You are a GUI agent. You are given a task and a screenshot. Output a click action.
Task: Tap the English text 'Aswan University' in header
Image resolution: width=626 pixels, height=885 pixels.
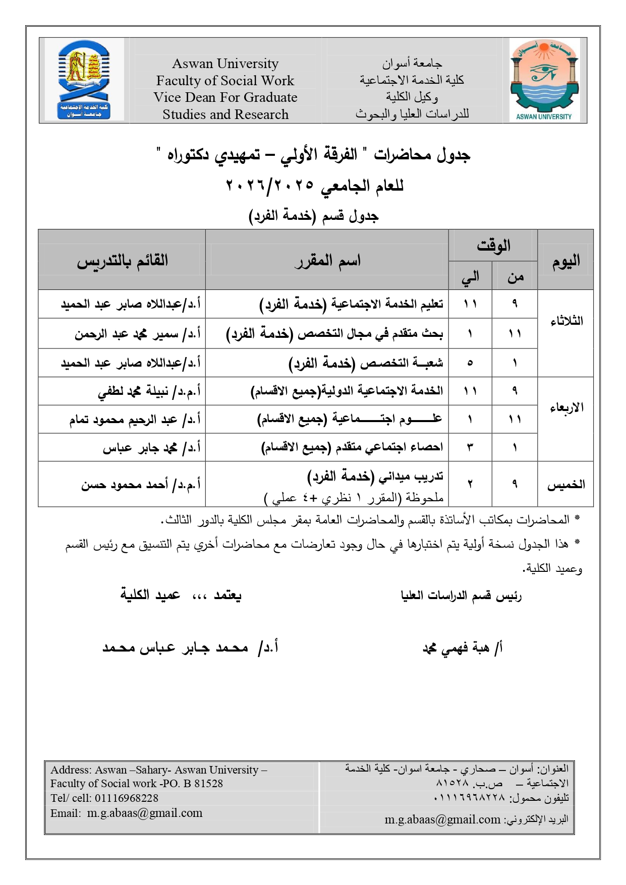pyautogui.click(x=225, y=64)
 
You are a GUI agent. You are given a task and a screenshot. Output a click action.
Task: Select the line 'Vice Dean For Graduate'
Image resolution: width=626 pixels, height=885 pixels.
pyautogui.click(x=225, y=97)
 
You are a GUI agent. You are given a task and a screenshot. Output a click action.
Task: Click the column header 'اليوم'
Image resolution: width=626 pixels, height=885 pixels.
pyautogui.click(x=565, y=261)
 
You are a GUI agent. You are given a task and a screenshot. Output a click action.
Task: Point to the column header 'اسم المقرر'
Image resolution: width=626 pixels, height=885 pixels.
pyautogui.click(x=327, y=261)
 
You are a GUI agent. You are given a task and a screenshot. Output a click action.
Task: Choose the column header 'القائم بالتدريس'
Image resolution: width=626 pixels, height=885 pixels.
pyautogui.click(x=122, y=261)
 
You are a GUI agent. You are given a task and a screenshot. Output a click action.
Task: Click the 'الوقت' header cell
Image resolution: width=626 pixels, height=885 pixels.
pyautogui.click(x=493, y=246)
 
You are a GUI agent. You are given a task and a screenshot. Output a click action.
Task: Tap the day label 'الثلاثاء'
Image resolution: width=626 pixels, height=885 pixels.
pyautogui.click(x=566, y=321)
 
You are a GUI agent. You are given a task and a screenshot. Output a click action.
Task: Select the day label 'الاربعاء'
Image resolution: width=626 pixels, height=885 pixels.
pyautogui.click(x=566, y=407)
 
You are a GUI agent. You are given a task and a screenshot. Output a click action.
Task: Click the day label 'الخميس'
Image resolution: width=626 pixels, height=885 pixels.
pyautogui.click(x=566, y=485)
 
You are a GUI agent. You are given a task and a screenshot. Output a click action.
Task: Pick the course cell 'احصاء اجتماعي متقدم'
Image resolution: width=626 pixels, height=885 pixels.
pyautogui.click(x=352, y=447)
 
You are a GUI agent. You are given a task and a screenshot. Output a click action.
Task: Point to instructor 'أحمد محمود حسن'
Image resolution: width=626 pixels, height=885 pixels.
pyautogui.click(x=141, y=485)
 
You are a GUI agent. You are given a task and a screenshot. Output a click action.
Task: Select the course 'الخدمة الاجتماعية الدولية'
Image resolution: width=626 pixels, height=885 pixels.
pyautogui.click(x=347, y=391)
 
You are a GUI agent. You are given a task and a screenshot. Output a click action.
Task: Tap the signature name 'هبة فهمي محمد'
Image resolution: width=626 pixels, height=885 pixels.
pyautogui.click(x=462, y=648)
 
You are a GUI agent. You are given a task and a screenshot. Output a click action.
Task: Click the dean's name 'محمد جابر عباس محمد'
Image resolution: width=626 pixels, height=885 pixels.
pyautogui.click(x=190, y=647)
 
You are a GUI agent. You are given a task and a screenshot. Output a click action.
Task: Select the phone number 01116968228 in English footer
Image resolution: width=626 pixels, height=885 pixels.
pyautogui.click(x=126, y=798)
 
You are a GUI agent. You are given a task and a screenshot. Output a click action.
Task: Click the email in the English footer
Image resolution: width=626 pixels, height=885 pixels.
pyautogui.click(x=145, y=813)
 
